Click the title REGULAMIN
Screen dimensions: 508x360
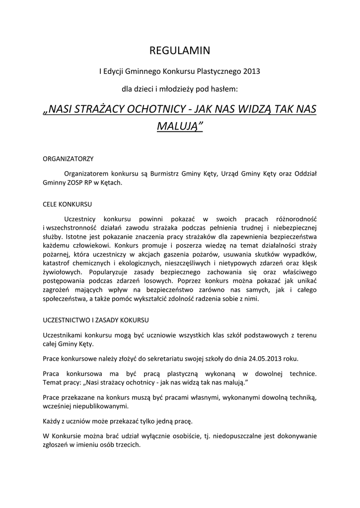(180, 51)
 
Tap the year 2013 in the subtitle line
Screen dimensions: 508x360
(251, 71)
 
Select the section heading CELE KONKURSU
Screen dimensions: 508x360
(68, 204)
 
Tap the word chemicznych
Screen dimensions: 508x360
(93, 263)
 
